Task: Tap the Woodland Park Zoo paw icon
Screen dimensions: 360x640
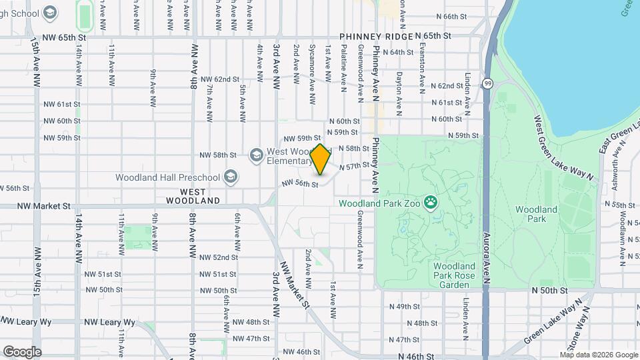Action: tap(431, 200)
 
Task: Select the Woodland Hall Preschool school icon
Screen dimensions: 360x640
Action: tap(231, 177)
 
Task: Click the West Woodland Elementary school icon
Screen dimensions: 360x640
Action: tap(256, 155)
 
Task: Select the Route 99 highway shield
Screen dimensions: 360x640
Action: tap(488, 83)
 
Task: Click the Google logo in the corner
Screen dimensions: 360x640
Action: tap(21, 351)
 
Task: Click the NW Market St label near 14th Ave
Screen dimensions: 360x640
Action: tap(44, 207)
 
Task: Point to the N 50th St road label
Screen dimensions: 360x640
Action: tap(549, 291)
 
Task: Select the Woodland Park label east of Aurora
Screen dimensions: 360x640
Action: tap(536, 214)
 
